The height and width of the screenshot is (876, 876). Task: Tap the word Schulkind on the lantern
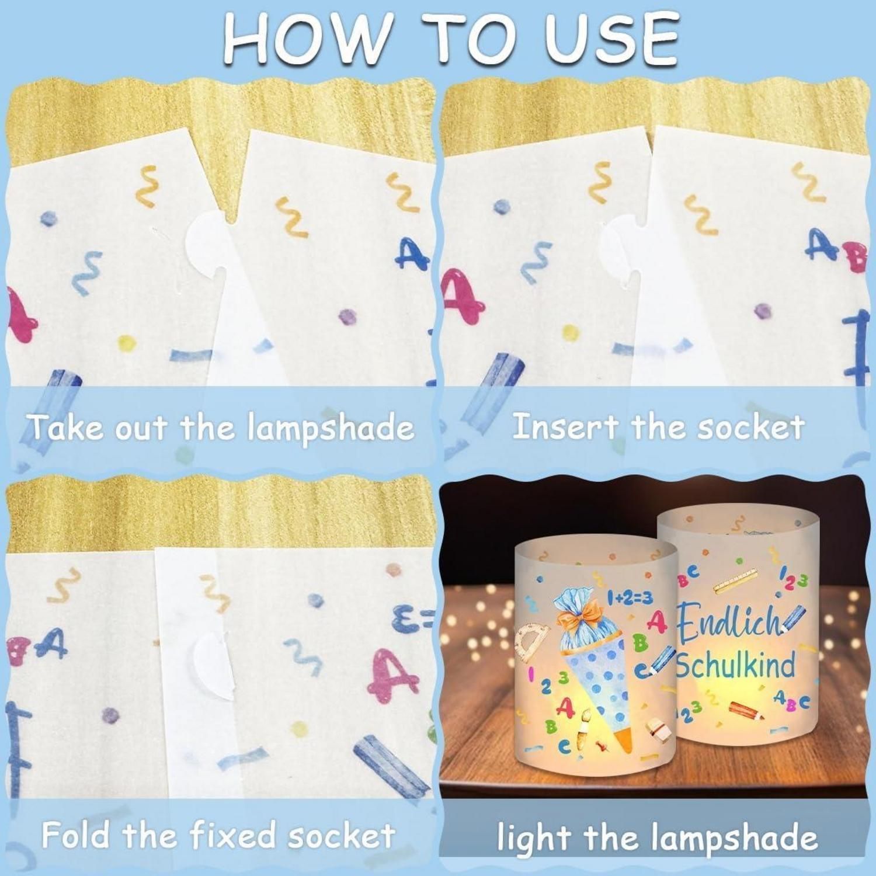pyautogui.click(x=736, y=666)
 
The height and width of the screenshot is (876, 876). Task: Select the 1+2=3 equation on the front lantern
pyautogui.click(x=630, y=597)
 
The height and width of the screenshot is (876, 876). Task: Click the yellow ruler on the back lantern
pyautogui.click(x=735, y=579)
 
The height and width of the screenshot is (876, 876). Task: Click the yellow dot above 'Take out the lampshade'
pyautogui.click(x=127, y=342)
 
